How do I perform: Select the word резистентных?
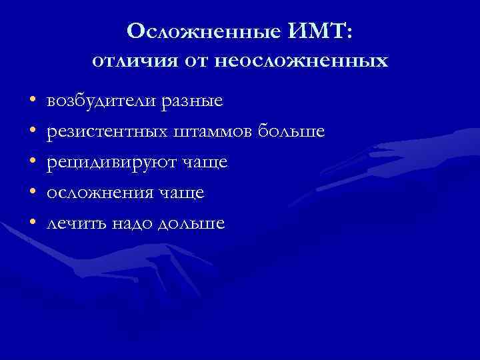(107, 132)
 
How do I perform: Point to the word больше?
(293, 132)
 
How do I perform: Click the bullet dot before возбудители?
(31, 102)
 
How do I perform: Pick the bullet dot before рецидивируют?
(31, 163)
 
